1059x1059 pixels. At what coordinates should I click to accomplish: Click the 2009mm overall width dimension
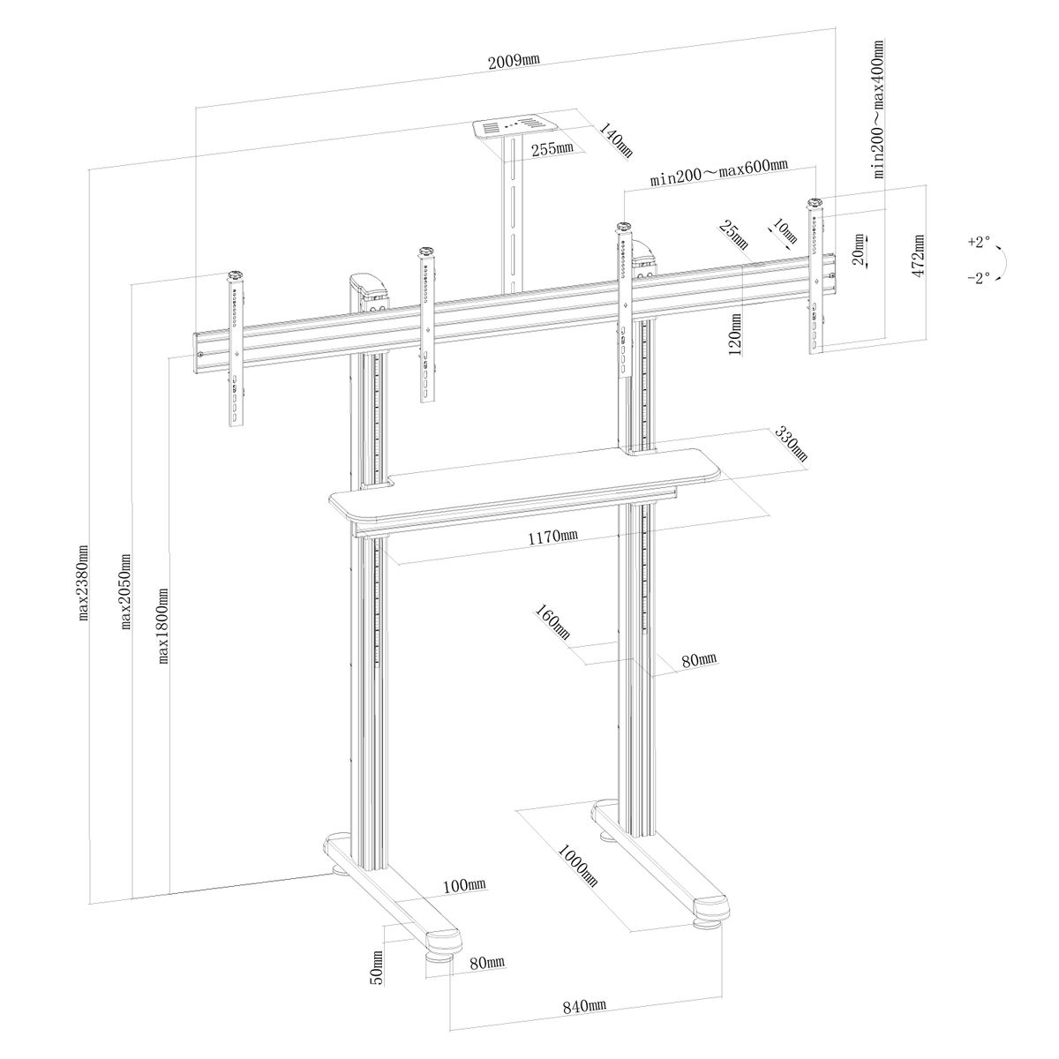point(514,61)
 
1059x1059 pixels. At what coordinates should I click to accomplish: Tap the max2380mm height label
point(84,582)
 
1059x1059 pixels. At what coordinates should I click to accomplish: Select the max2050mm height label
point(126,590)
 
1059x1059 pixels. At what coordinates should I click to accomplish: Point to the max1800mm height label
point(163,626)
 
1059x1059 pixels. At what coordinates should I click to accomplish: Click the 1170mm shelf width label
point(552,536)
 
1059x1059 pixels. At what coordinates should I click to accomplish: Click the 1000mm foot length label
point(577,872)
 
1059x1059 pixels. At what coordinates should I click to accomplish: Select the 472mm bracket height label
point(917,256)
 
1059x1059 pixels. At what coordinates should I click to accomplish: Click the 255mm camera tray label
point(552,148)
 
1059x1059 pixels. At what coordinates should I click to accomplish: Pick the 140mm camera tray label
point(615,139)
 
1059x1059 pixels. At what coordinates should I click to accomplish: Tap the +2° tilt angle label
point(979,241)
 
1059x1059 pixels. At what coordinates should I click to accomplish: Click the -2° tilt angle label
point(979,277)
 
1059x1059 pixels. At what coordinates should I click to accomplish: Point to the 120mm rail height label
point(735,334)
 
